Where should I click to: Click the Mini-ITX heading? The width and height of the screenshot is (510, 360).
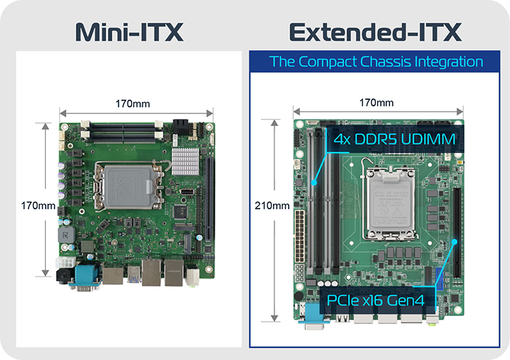pyautogui.click(x=130, y=32)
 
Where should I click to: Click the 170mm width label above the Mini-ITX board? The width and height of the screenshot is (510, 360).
pyautogui.click(x=133, y=102)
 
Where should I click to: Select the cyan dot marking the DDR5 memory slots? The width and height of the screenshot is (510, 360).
pyautogui.click(x=316, y=183)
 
